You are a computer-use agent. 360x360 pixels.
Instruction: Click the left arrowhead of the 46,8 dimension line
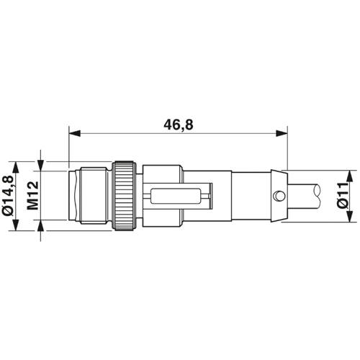[74, 133]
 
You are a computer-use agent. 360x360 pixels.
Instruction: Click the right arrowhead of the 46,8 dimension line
[282, 133]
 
